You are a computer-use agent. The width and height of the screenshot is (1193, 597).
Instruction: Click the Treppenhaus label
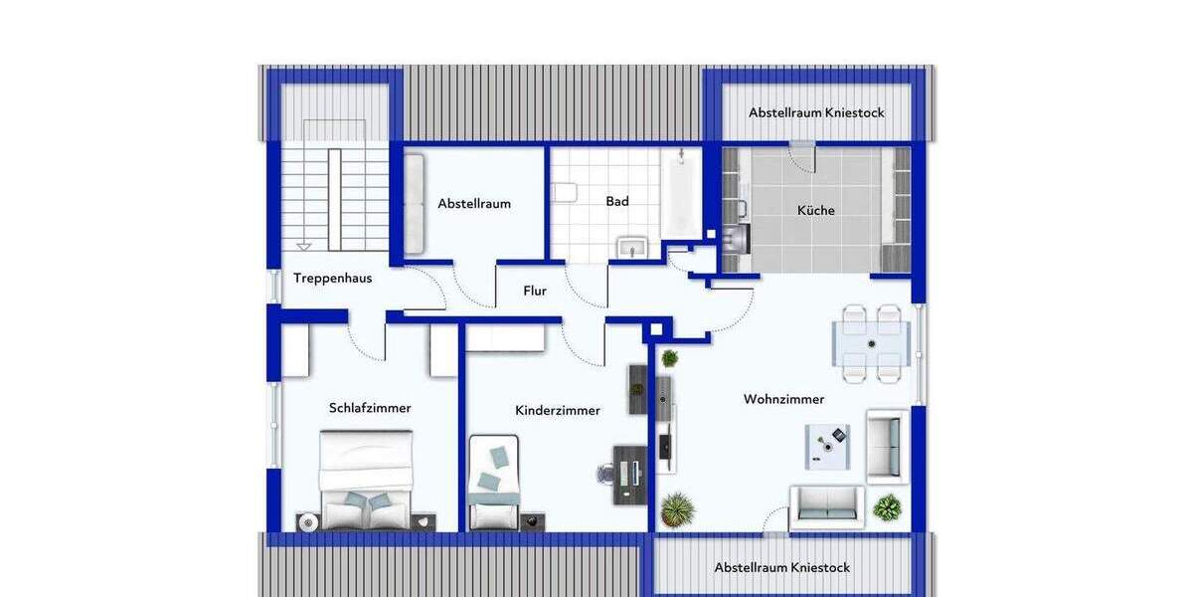click(332, 278)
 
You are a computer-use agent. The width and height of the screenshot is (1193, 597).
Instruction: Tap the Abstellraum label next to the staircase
click(474, 203)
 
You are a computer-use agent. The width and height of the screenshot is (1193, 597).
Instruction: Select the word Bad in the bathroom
click(617, 201)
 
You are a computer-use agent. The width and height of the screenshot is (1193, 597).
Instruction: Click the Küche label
click(816, 210)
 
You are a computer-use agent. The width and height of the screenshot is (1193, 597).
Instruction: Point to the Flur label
click(535, 292)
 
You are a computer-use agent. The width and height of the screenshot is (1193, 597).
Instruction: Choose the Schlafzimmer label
click(370, 407)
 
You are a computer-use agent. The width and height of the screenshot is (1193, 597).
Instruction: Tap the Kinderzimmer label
click(557, 410)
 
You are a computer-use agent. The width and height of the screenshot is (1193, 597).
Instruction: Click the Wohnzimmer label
click(783, 399)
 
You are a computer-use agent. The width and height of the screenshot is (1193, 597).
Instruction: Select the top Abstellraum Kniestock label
click(816, 112)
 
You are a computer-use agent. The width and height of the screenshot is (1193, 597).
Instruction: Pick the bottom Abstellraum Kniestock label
click(782, 567)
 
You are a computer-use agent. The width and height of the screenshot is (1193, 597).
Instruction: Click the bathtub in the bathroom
click(681, 194)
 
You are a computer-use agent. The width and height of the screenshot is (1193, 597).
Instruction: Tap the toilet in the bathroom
click(564, 194)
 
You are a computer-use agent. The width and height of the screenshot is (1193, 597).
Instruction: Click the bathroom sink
click(632, 247)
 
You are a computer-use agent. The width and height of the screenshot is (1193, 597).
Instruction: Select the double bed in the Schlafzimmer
click(365, 480)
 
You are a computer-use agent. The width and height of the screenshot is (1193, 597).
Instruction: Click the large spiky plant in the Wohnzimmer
click(678, 509)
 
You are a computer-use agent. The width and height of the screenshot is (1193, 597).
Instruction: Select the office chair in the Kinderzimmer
click(606, 474)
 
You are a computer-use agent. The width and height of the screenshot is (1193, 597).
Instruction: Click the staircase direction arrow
click(304, 245)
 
